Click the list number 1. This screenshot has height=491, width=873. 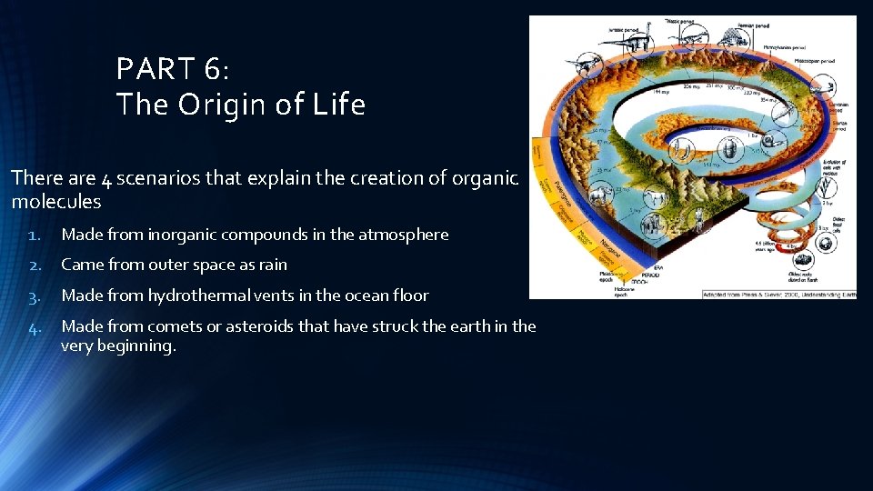[x=34, y=235]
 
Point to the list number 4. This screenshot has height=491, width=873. [x=34, y=326]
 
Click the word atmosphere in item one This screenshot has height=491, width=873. [x=403, y=235]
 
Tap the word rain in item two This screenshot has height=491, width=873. [x=272, y=265]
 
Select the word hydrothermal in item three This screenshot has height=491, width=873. [x=192, y=296]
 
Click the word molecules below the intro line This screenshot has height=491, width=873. [x=56, y=201]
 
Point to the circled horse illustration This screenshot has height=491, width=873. [x=652, y=194]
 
